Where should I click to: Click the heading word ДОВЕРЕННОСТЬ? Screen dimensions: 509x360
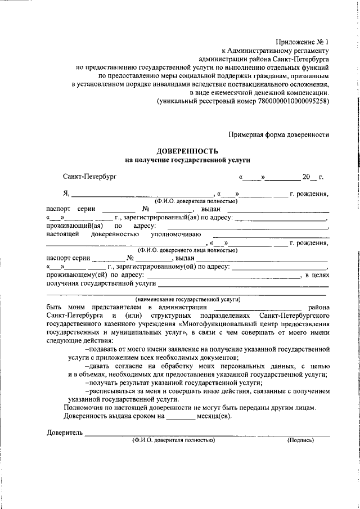187,151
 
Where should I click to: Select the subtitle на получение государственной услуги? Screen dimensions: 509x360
187,160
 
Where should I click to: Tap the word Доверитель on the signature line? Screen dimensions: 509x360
64,433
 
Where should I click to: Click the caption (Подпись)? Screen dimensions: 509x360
300,440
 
